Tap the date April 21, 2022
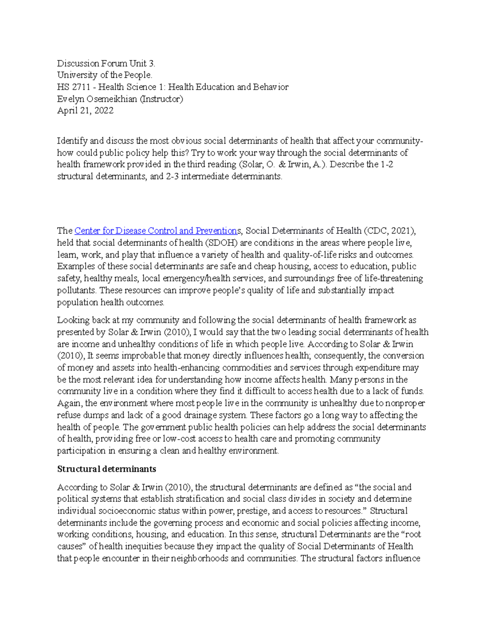[x=85, y=111]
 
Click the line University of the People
[x=105, y=75]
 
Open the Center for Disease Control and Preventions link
[x=156, y=231]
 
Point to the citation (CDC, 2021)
[x=389, y=231]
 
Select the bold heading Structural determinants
[x=106, y=469]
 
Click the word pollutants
[x=77, y=290]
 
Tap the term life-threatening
[x=388, y=279]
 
